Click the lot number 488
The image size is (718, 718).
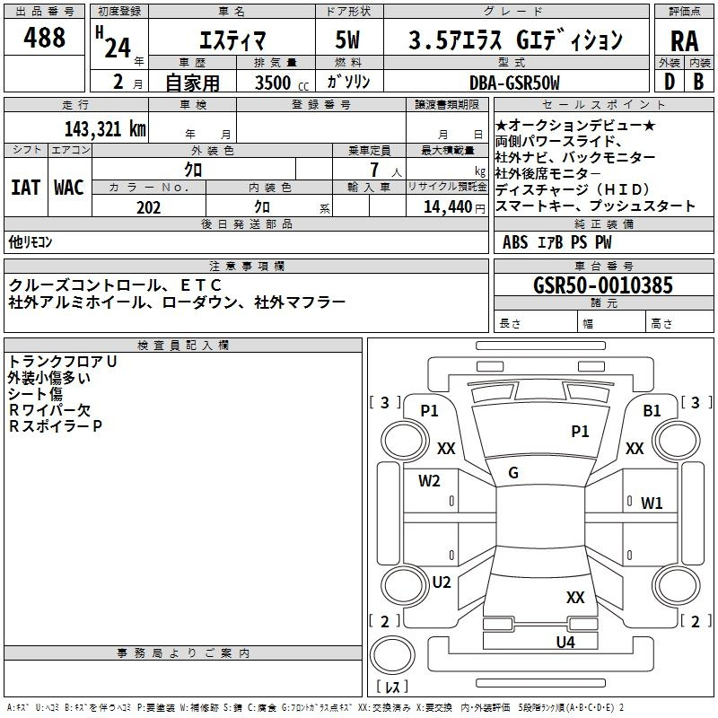(45, 38)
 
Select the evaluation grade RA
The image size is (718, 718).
(684, 40)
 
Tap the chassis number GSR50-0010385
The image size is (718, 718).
(602, 286)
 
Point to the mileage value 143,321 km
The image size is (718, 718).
(105, 128)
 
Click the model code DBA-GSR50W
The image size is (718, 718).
(514, 83)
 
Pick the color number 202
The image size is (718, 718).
(149, 206)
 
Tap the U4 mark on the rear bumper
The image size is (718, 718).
(565, 642)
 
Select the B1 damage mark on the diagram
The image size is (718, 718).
(652, 410)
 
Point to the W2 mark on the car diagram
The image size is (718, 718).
(429, 480)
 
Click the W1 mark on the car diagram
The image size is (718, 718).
(652, 503)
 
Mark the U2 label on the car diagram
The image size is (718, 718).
(442, 582)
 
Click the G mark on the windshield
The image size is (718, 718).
(513, 473)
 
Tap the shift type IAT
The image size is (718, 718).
(24, 188)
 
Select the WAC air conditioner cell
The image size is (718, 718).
(68, 188)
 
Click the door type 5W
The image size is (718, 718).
(348, 40)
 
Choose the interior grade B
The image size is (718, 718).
(698, 82)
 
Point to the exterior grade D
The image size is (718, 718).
(669, 82)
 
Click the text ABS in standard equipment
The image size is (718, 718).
(515, 241)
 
